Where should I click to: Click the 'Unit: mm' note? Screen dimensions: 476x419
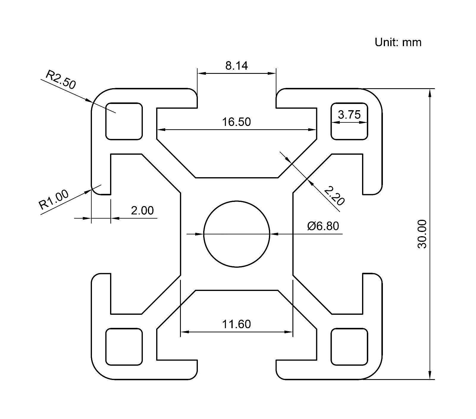[x=398, y=42]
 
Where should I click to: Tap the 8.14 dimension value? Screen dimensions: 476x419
[x=237, y=66]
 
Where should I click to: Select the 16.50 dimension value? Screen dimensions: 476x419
[x=237, y=122]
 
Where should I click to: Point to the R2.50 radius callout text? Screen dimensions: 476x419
[x=61, y=80]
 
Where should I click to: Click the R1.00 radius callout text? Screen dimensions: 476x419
[x=54, y=200]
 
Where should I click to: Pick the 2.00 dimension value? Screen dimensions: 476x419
[x=142, y=211]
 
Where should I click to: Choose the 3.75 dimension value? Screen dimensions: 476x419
[x=349, y=114]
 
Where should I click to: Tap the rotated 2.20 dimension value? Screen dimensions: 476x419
[x=334, y=196]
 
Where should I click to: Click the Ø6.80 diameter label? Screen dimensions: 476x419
[x=323, y=226]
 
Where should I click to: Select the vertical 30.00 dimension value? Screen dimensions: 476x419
[x=422, y=234]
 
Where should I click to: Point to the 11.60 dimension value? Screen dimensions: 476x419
[x=237, y=324]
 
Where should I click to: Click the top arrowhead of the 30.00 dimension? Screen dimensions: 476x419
[x=430, y=93]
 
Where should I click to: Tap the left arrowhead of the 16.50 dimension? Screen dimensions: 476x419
[x=161, y=130]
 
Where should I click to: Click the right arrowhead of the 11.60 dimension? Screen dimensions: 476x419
[x=289, y=331]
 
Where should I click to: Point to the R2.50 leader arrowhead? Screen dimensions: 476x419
[x=89, y=101]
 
